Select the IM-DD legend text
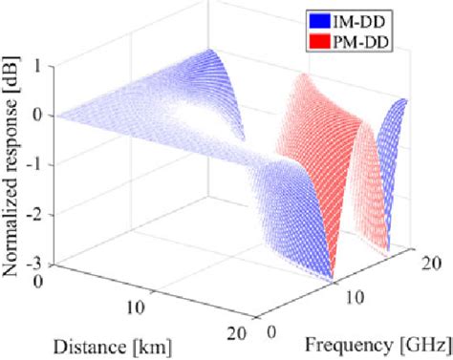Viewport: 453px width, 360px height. (x=359, y=19)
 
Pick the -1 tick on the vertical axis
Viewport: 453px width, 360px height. (x=34, y=165)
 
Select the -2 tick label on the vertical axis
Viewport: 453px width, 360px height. (x=34, y=214)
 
